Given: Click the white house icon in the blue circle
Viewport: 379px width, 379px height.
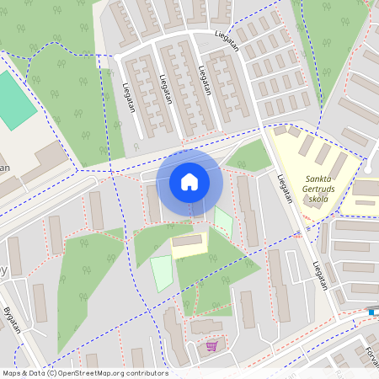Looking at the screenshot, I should [x=189, y=181].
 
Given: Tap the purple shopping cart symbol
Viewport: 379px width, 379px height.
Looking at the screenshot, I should [x=211, y=345].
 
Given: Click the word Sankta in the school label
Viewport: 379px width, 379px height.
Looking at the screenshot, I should [x=323, y=179].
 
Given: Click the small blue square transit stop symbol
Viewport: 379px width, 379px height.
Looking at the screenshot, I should [x=371, y=312].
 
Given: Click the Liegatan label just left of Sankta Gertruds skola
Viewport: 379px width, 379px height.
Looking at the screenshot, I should [x=284, y=189].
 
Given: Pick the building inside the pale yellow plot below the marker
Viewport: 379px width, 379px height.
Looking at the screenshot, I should [x=188, y=242].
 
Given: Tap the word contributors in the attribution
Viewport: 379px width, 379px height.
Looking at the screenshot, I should [x=145, y=373].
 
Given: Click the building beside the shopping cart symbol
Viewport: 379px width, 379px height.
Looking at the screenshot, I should [x=207, y=327].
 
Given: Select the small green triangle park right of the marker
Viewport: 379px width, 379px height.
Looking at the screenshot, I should [x=250, y=157].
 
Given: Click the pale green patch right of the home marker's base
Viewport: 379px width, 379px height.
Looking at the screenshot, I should [x=223, y=221].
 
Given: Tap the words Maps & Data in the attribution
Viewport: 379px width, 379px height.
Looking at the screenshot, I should [x=24, y=373].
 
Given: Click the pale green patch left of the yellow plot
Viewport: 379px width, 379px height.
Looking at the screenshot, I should [x=161, y=274].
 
